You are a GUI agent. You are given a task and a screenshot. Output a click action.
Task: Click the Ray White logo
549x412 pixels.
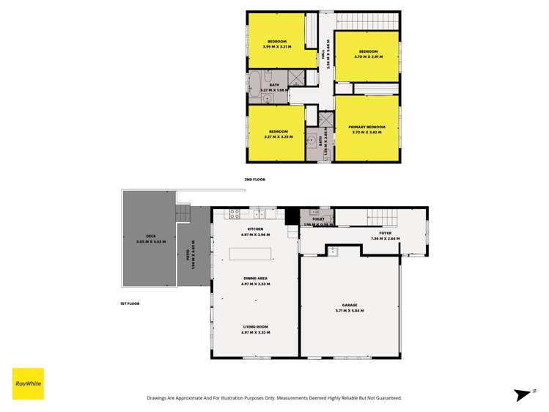point(28,383)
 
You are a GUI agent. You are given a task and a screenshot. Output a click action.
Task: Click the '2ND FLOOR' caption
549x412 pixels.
point(254,180)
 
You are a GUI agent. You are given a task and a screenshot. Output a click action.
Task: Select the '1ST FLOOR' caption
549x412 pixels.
point(130,304)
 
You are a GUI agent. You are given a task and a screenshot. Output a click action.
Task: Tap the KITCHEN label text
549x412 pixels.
point(255,229)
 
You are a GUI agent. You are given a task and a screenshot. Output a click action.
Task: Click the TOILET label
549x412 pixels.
point(318,218)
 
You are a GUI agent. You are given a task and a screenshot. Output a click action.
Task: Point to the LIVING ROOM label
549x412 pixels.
point(255,327)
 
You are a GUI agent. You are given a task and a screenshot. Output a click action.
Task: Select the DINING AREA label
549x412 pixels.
point(255,278)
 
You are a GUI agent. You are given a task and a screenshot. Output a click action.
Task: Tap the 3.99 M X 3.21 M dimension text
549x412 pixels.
point(277,46)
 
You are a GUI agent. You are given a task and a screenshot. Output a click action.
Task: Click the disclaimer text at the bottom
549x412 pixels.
point(274,397)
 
